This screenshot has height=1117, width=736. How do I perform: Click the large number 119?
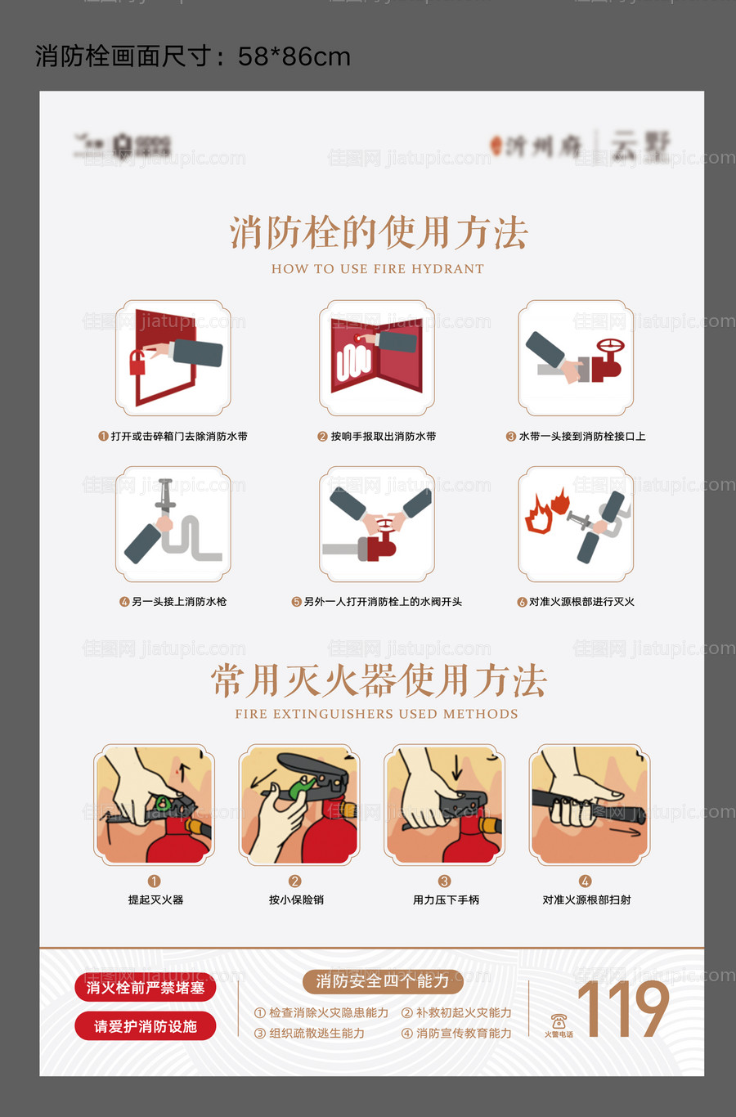coord(623,1010)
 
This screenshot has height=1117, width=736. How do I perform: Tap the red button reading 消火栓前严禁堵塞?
coord(146,988)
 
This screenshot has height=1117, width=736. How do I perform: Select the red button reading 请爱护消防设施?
coord(146,1026)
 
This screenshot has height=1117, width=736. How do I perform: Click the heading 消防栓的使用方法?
coord(379,233)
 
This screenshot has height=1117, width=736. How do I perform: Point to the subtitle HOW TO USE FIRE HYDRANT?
coord(378,269)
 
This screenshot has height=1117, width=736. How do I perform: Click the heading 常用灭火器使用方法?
coord(379,680)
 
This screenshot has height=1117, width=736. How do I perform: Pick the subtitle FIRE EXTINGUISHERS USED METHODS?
coord(376,714)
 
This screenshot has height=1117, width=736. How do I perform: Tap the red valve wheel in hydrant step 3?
coord(609,346)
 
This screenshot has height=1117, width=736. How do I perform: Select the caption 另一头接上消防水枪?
coord(178,602)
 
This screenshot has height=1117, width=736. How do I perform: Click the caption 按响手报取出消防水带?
coord(383,437)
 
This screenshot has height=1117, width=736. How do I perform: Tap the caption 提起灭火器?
coord(155,899)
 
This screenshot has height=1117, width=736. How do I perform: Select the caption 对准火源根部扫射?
coord(586,899)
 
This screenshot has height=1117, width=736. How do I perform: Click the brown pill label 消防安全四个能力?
coord(383,981)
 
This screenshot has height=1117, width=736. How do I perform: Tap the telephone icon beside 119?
coord(559,1021)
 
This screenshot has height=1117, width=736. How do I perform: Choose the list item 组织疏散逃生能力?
coord(316,1034)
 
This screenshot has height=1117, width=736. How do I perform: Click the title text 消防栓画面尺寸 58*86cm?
coord(193,56)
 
